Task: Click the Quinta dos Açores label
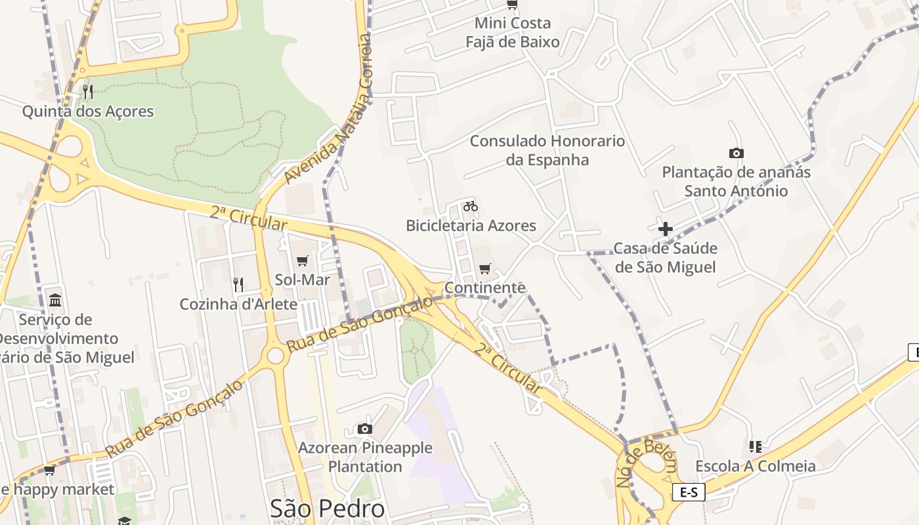pos(88,112)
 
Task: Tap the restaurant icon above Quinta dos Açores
pos(88,91)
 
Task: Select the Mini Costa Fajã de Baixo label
pos(513,33)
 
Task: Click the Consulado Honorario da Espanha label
pos(547,150)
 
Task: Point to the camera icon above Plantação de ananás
pos(737,153)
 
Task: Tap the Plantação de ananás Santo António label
pos(736,182)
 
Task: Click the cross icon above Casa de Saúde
pos(666,229)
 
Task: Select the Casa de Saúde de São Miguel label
pos(665,258)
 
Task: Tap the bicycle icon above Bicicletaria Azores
pos(470,206)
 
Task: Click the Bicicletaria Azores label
pos(471,226)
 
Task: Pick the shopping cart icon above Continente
pos(485,268)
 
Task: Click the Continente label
pos(485,287)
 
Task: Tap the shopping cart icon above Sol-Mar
pos(302,261)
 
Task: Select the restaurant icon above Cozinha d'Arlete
pos(238,284)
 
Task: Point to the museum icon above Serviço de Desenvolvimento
pos(55,301)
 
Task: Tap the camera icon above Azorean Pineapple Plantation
pos(365,429)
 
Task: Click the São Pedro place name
pos(327,509)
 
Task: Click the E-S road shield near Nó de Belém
pos(689,492)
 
